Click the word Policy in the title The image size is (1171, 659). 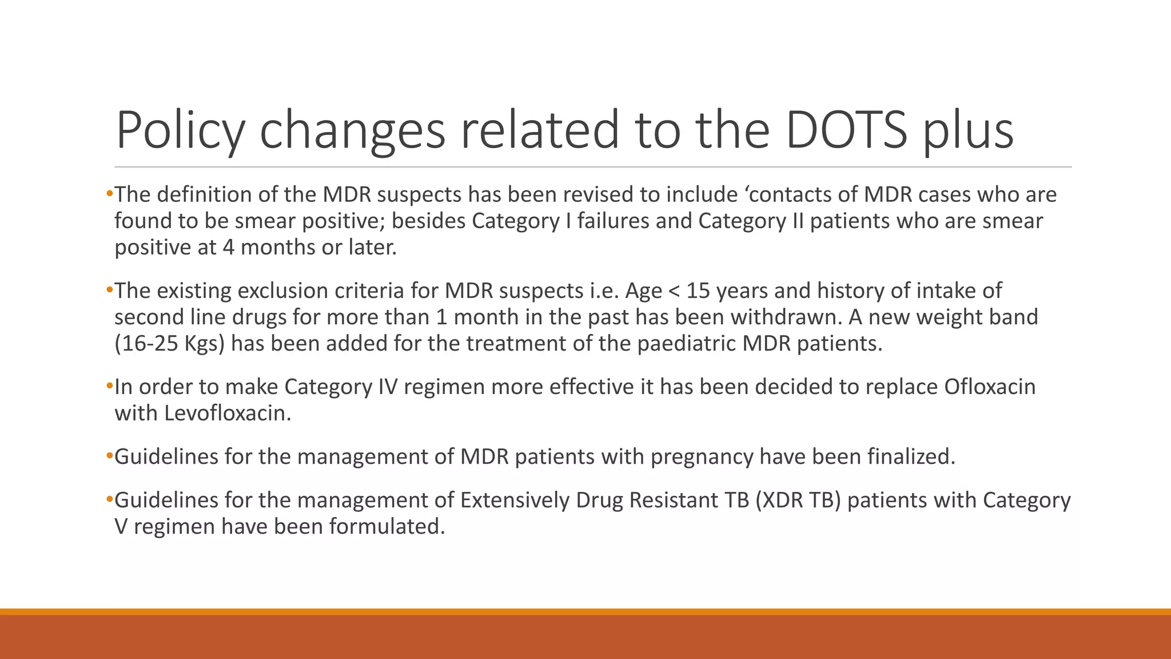(180, 131)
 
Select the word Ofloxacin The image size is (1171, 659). (990, 387)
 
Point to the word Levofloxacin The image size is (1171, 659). (227, 413)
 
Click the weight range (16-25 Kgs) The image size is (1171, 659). (170, 343)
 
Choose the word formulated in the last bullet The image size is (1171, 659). (387, 526)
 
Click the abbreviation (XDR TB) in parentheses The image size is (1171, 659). (798, 500)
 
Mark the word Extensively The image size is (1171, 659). (515, 500)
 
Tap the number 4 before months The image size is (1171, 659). (228, 247)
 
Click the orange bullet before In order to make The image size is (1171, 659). (110, 387)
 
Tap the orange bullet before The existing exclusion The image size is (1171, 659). (110, 291)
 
